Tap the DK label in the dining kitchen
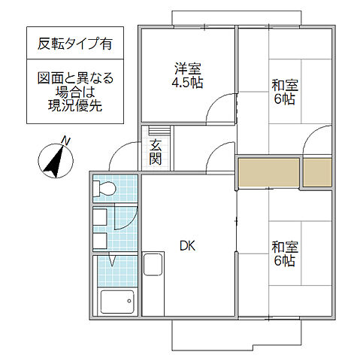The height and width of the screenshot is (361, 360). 188,244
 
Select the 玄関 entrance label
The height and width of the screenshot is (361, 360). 156,152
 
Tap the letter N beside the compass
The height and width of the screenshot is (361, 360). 65,140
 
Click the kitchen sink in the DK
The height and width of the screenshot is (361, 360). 153,265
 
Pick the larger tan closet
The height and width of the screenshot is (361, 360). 268,173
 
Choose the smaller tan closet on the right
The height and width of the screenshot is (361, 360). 316,173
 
